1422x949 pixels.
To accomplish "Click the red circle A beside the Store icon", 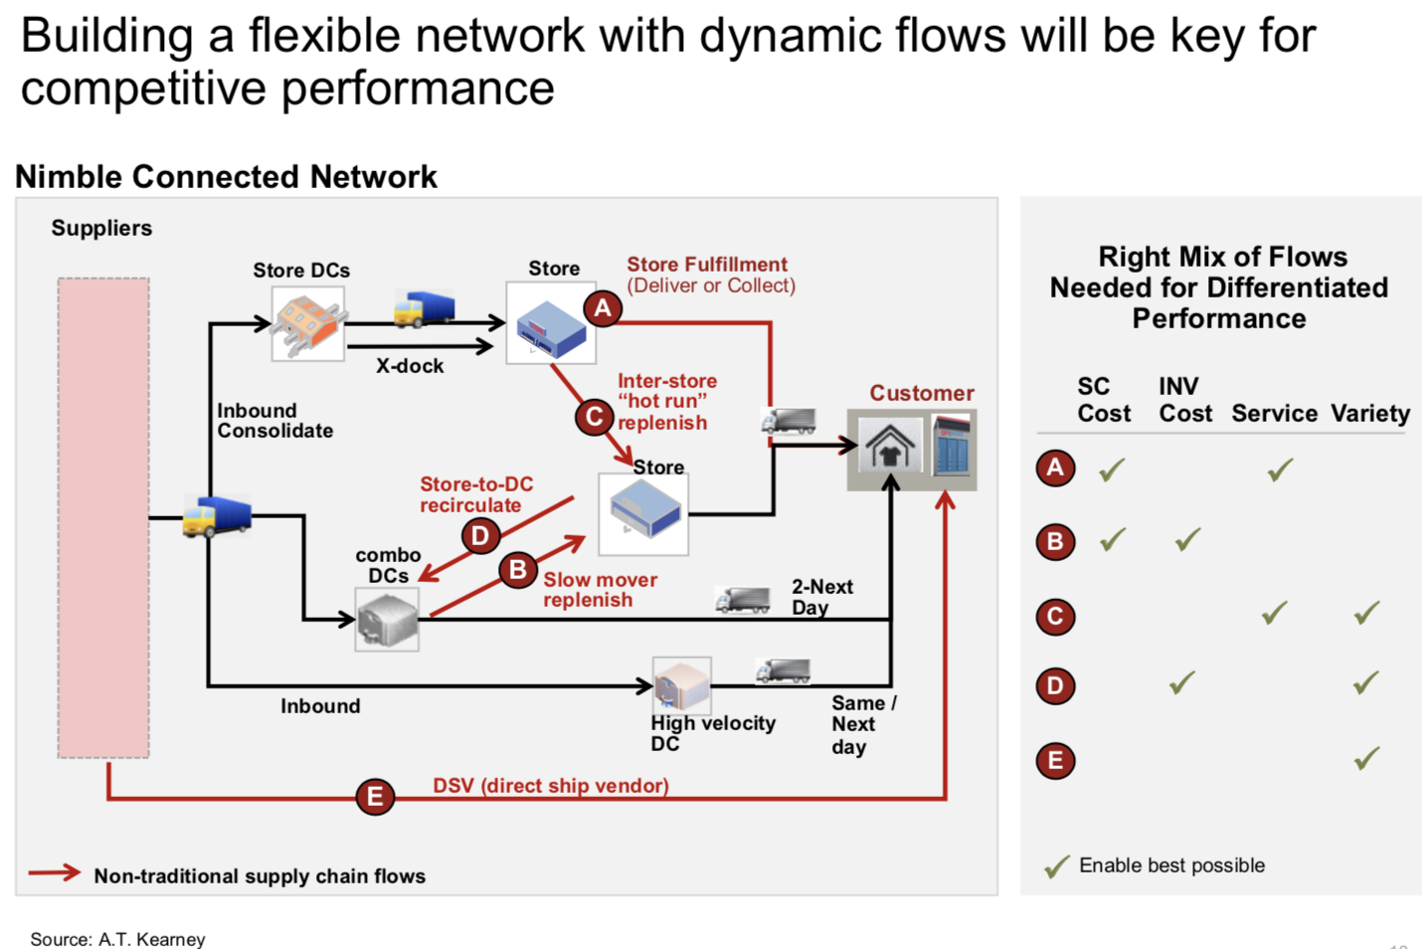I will [603, 308].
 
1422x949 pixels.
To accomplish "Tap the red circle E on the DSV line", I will [375, 796].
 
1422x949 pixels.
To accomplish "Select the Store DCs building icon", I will [308, 323].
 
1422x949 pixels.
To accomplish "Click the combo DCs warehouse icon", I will [387, 619].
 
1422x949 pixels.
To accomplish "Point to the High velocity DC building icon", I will [681, 684].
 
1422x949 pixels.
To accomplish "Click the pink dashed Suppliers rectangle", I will [103, 517].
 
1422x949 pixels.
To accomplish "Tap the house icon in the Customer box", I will [889, 446].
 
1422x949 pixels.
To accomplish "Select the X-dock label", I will [410, 366].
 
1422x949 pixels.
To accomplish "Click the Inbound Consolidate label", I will [274, 421].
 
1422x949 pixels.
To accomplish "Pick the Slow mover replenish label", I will [600, 590].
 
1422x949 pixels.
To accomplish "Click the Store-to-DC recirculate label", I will [476, 494].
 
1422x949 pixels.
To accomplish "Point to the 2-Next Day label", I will [821, 597].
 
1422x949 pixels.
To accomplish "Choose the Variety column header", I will [1370, 413].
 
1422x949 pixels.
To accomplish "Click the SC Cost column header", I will [1104, 400].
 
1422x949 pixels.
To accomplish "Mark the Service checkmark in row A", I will [1280, 469].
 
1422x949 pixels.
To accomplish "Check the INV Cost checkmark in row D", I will [1182, 682].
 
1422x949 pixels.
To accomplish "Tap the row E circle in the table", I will [1055, 761].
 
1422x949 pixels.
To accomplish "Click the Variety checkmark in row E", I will [1367, 759].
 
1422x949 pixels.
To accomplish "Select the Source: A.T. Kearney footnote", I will [117, 939].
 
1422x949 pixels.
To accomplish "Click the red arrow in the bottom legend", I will [54, 873].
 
